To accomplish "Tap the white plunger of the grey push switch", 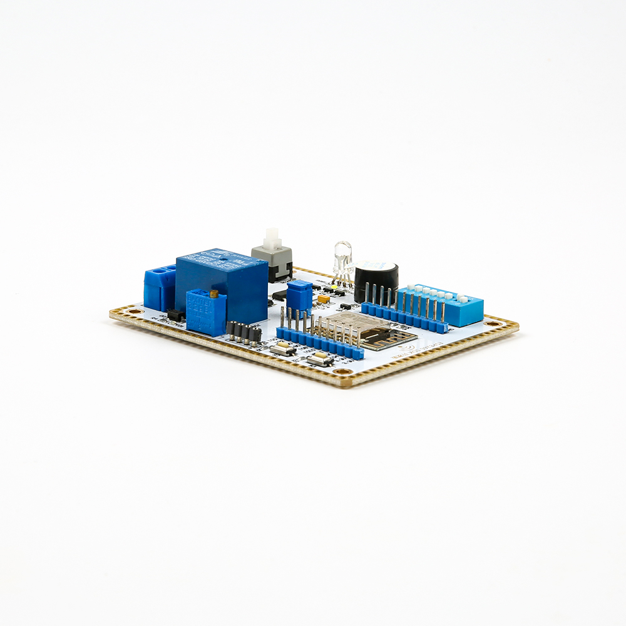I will [271, 239].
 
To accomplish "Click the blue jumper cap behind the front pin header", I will [300, 294].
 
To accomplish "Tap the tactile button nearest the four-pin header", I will [283, 349].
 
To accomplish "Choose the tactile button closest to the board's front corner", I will [320, 359].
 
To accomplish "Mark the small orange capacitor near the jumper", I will [324, 299].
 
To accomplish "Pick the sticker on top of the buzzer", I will [381, 265].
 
